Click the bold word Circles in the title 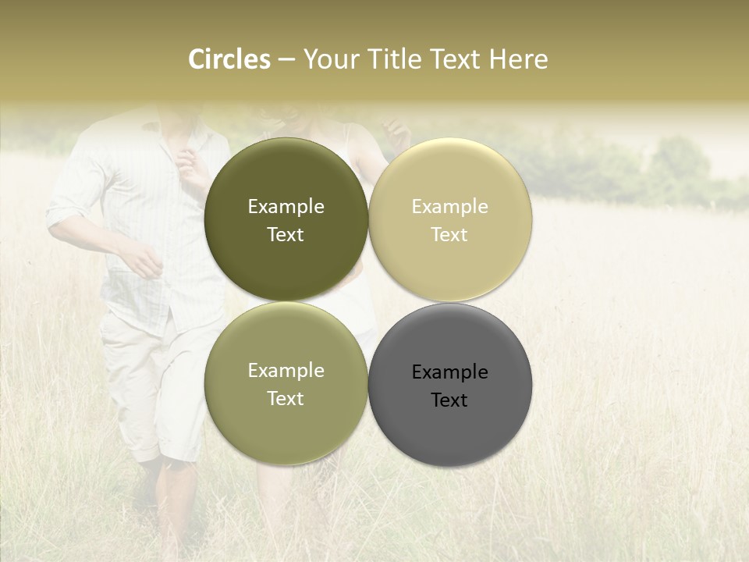229,59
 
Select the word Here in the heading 518,59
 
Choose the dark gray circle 449,437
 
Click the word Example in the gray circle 449,372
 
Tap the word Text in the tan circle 449,235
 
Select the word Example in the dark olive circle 286,207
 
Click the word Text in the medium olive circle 286,399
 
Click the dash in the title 286,59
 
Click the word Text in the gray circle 449,400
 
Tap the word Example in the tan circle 449,207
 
